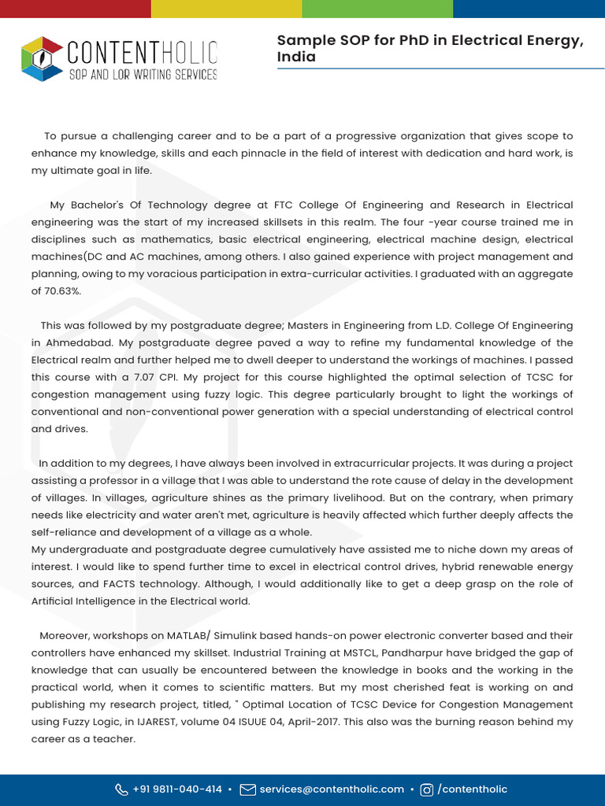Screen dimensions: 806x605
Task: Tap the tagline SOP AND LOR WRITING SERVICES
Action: coord(143,74)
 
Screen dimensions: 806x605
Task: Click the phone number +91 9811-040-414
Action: coord(176,789)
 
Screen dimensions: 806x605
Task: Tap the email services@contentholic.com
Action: coord(332,789)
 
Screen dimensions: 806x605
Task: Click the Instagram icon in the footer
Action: coord(426,789)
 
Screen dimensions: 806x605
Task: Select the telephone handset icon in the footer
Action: coord(121,789)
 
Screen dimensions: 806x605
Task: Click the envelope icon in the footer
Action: coord(247,789)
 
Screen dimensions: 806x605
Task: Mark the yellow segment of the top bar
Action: coord(226,9)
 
